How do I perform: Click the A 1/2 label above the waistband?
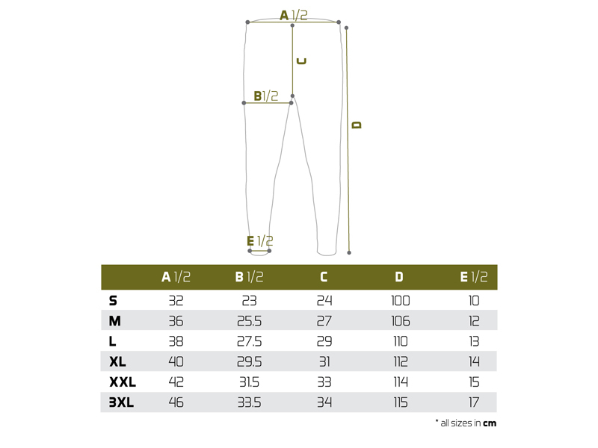click(x=294, y=15)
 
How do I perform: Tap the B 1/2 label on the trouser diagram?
click(x=266, y=96)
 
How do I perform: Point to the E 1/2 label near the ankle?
click(x=259, y=240)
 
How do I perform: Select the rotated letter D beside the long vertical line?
click(x=357, y=125)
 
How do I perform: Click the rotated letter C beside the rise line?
click(x=301, y=61)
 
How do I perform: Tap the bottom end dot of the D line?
click(x=349, y=252)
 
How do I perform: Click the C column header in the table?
click(x=324, y=277)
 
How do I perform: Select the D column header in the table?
click(x=399, y=277)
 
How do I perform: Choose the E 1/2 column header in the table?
click(x=474, y=277)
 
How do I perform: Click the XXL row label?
click(x=123, y=382)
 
